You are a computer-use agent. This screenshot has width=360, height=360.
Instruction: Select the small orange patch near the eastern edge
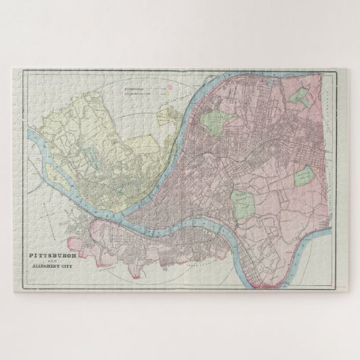pyautogui.click(x=317, y=167)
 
